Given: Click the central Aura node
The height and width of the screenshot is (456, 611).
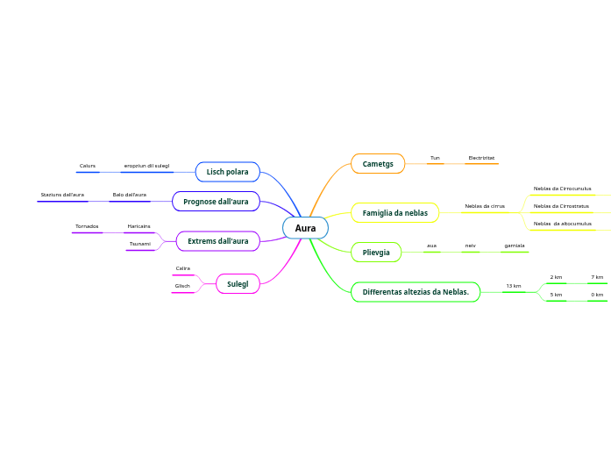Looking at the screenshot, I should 305,228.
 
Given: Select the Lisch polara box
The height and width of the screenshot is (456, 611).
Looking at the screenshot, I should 227,172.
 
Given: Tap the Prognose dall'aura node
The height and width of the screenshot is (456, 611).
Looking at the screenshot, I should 216,202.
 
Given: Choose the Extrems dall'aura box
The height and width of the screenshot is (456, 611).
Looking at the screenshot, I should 217,241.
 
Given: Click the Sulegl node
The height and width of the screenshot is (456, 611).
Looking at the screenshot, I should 238,284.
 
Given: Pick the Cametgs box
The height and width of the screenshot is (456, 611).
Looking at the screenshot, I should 378,164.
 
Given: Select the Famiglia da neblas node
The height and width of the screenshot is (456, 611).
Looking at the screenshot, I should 394,213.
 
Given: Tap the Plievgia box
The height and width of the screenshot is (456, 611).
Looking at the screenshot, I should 376,253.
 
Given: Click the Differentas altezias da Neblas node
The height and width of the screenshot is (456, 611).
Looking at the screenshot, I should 416,292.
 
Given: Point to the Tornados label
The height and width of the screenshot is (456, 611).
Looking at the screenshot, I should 87,226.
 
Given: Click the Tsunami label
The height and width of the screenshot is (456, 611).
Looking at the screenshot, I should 139,244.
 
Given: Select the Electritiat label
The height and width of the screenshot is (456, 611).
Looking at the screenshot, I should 481,158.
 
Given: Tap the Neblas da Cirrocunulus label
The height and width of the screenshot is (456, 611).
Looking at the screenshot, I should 562,189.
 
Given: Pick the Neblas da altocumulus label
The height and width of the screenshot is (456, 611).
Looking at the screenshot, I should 562,224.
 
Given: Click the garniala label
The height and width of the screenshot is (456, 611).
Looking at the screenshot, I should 515,246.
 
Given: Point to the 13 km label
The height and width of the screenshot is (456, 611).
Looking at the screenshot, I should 514,286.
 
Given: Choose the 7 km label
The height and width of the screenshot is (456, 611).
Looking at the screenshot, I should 597,277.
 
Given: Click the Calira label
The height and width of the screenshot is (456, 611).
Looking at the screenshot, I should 182,268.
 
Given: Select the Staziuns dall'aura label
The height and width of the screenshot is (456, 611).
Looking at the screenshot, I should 62,195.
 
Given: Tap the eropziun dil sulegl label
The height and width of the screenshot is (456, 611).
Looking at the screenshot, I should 146,166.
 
